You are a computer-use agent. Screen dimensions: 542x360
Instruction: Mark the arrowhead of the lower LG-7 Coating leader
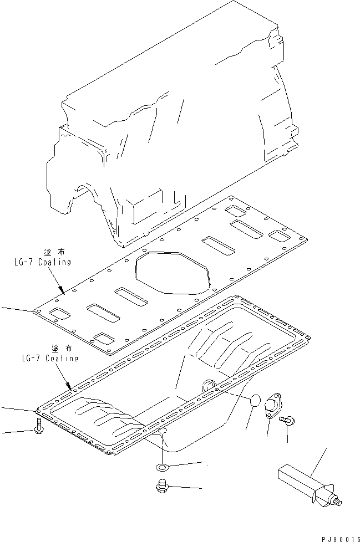coord(70,387)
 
